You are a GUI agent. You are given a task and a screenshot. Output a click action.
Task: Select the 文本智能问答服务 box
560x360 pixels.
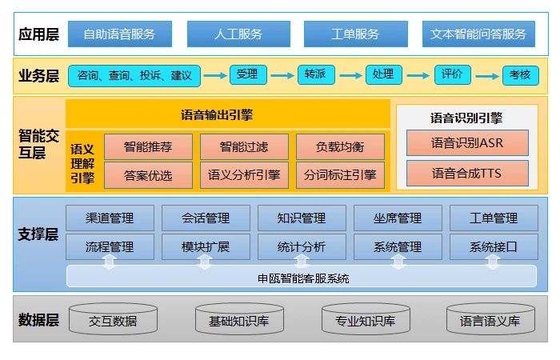tap(478, 34)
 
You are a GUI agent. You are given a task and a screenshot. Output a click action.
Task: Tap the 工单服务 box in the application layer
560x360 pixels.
tap(354, 34)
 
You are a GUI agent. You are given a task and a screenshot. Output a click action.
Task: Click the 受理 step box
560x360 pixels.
tap(247, 74)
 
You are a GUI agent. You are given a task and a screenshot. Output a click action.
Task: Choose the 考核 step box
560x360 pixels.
tap(520, 75)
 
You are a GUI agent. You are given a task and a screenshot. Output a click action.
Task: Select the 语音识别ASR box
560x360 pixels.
tap(467, 143)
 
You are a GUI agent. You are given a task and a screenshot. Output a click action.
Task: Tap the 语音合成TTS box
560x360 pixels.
tap(467, 173)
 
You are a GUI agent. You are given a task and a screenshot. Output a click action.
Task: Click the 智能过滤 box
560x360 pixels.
tap(243, 146)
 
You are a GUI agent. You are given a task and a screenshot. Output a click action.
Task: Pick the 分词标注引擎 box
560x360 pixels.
tap(340, 174)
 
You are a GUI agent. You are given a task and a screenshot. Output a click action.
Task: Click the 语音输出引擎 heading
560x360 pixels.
tap(228, 114)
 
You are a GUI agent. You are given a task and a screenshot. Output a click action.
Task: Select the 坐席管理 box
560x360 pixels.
tap(398, 218)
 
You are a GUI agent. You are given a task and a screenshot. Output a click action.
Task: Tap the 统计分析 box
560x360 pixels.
tap(302, 246)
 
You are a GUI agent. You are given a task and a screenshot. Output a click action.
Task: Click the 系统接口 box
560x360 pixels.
tap(493, 246)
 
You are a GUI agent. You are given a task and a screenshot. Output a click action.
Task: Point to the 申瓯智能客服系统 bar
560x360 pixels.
tap(302, 278)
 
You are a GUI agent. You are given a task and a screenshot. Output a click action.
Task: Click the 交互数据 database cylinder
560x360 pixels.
tap(113, 320)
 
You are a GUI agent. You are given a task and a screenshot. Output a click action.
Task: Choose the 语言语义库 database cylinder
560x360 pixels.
tap(490, 320)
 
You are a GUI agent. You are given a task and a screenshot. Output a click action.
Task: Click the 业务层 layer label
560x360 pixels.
tap(39, 76)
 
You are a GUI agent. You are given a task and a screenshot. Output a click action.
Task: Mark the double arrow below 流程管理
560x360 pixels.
tap(110, 262)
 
